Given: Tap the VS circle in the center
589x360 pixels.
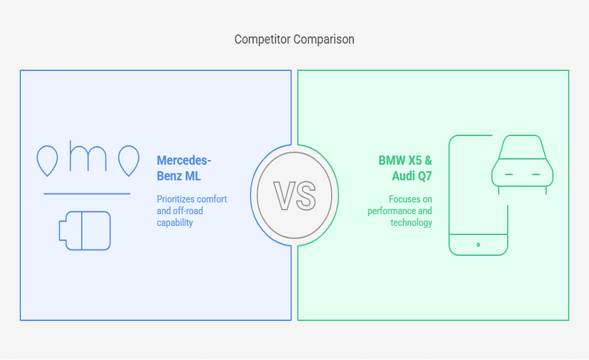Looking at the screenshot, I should click(294, 195).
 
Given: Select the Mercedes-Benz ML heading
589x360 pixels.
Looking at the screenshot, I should click(184, 168).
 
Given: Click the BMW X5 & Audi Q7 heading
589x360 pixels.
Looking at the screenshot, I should click(405, 168).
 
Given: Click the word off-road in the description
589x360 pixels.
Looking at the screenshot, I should click(188, 211).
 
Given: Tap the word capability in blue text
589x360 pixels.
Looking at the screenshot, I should click(175, 222).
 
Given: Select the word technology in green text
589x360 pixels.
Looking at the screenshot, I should click(411, 222).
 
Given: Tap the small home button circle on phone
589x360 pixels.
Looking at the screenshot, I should click(478, 245).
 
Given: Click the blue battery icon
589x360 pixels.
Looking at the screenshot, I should click(85, 231).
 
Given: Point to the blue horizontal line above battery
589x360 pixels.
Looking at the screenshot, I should click(87, 194).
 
